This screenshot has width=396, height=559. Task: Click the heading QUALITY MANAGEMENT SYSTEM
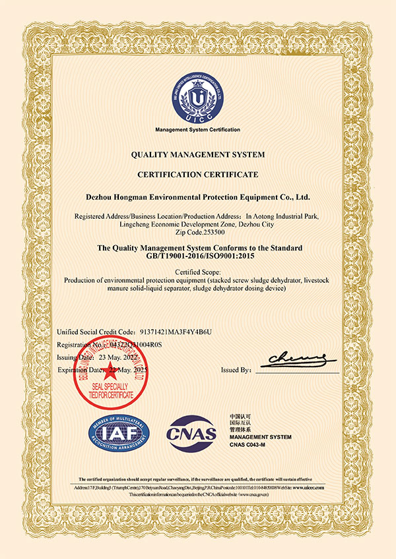coord(197,154)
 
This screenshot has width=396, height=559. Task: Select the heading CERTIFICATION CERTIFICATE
coord(197,175)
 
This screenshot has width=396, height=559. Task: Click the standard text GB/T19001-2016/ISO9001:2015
coord(197,256)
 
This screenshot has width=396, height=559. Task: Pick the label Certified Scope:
coord(198,272)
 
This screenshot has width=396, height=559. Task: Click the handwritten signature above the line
coord(296,359)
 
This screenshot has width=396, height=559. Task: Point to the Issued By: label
coord(236,370)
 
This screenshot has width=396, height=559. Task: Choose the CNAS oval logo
coord(192,432)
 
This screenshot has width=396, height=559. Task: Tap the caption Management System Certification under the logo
coord(197,129)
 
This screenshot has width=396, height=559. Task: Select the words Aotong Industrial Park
coord(288,216)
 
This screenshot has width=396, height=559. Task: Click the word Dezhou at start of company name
coord(102,196)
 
